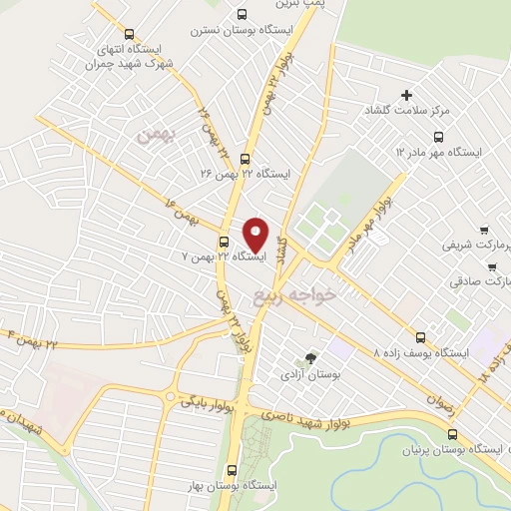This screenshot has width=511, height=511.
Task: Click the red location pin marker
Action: (256, 235)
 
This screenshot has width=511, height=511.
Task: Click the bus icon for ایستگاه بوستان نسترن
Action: (243, 14)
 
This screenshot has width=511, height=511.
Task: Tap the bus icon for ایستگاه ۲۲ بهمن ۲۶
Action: (246, 157)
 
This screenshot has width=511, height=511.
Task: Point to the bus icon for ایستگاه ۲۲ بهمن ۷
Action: (224, 241)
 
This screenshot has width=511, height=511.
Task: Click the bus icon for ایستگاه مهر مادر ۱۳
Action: (437, 137)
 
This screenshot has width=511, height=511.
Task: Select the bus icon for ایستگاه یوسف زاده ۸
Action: (420, 337)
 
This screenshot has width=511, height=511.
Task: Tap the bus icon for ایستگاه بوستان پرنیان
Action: (454, 434)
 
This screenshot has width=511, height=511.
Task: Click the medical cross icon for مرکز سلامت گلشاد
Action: (406, 95)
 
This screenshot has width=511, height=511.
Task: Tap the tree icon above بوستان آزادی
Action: (310, 357)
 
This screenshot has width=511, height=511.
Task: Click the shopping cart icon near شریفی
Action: (484, 229)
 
